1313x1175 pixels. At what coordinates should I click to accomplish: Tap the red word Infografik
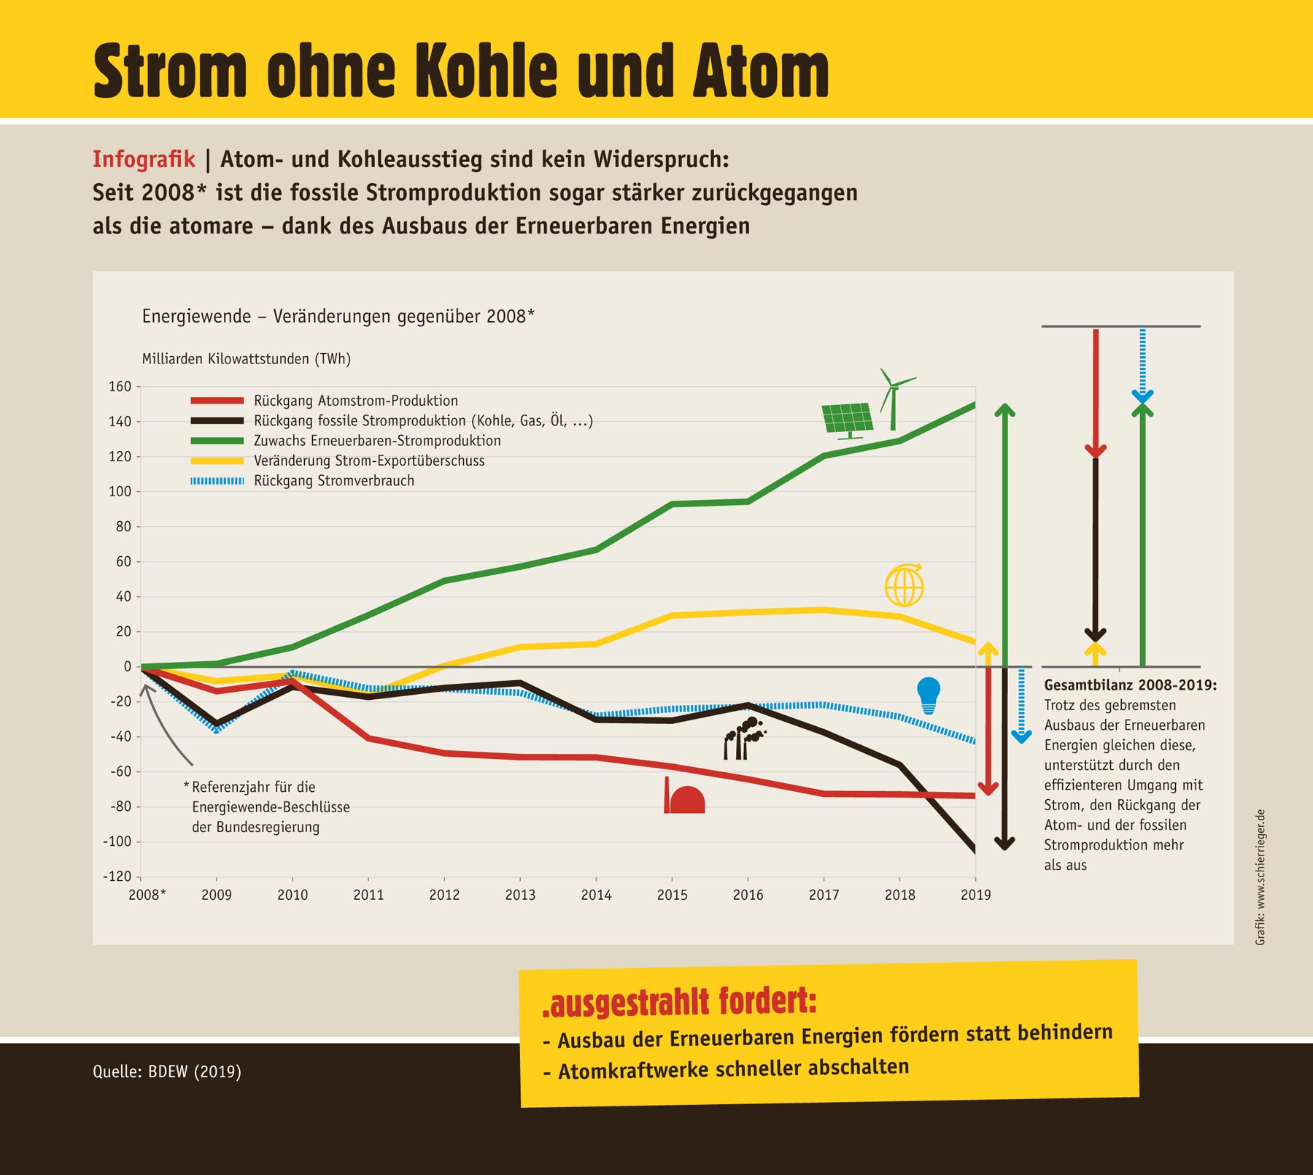[144, 159]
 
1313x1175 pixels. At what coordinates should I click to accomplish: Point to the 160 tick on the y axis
[120, 387]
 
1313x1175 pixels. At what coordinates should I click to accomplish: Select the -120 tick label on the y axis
[117, 877]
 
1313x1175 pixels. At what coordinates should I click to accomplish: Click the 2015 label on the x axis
[672, 895]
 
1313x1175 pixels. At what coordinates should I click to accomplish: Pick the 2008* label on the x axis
[147, 895]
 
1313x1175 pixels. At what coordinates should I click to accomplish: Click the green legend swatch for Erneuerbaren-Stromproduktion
[217, 441]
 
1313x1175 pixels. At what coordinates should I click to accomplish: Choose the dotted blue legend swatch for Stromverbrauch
[217, 481]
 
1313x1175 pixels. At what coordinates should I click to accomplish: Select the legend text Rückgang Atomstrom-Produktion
[356, 401]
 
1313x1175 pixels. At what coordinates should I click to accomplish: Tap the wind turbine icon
[894, 398]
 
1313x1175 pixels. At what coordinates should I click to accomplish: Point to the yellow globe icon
[904, 585]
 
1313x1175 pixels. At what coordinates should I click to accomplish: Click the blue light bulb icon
[928, 694]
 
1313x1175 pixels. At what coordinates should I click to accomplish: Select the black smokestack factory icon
[743, 739]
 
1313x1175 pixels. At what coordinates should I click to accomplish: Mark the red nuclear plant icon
[684, 796]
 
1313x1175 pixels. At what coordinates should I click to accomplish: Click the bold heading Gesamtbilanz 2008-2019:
[1130, 685]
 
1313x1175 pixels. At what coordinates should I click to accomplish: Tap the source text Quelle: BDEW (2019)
[167, 1071]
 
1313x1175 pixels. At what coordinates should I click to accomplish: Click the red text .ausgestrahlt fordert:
[679, 1002]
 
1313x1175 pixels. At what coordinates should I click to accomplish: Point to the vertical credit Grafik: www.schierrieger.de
[1260, 877]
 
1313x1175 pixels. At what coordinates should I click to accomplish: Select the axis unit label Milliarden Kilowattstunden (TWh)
[247, 359]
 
